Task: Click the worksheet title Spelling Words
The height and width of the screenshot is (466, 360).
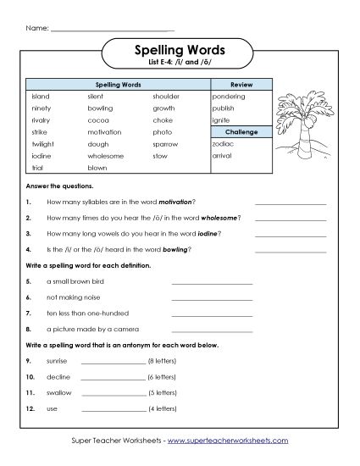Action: (180, 50)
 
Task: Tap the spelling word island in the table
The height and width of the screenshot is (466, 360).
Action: (41, 97)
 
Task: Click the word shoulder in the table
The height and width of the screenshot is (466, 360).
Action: (166, 97)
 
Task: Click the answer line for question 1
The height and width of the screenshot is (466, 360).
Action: (290, 203)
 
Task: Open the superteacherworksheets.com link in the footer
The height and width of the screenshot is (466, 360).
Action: (228, 441)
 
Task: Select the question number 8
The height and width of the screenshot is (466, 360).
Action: (29, 329)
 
